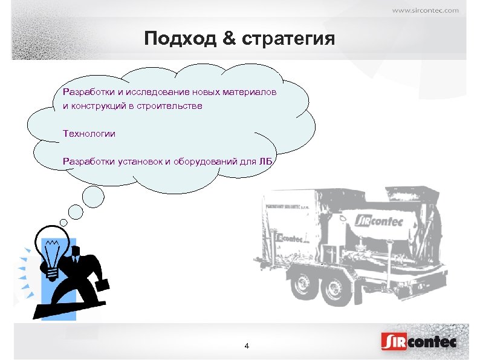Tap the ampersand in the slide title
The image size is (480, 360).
tap(229, 40)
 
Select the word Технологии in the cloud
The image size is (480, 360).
tap(89, 133)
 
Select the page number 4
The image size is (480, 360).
tap(246, 346)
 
